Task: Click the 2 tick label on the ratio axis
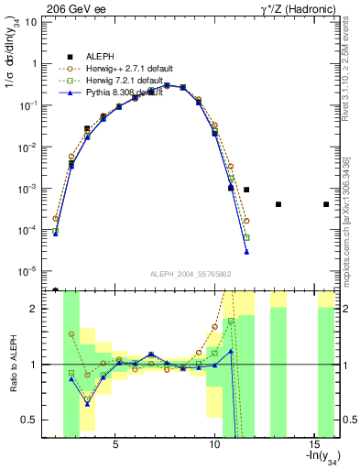coord(33,309)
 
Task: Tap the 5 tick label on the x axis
coord(115,451)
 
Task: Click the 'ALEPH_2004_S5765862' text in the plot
coord(190,275)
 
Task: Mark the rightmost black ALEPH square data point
coord(326,204)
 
